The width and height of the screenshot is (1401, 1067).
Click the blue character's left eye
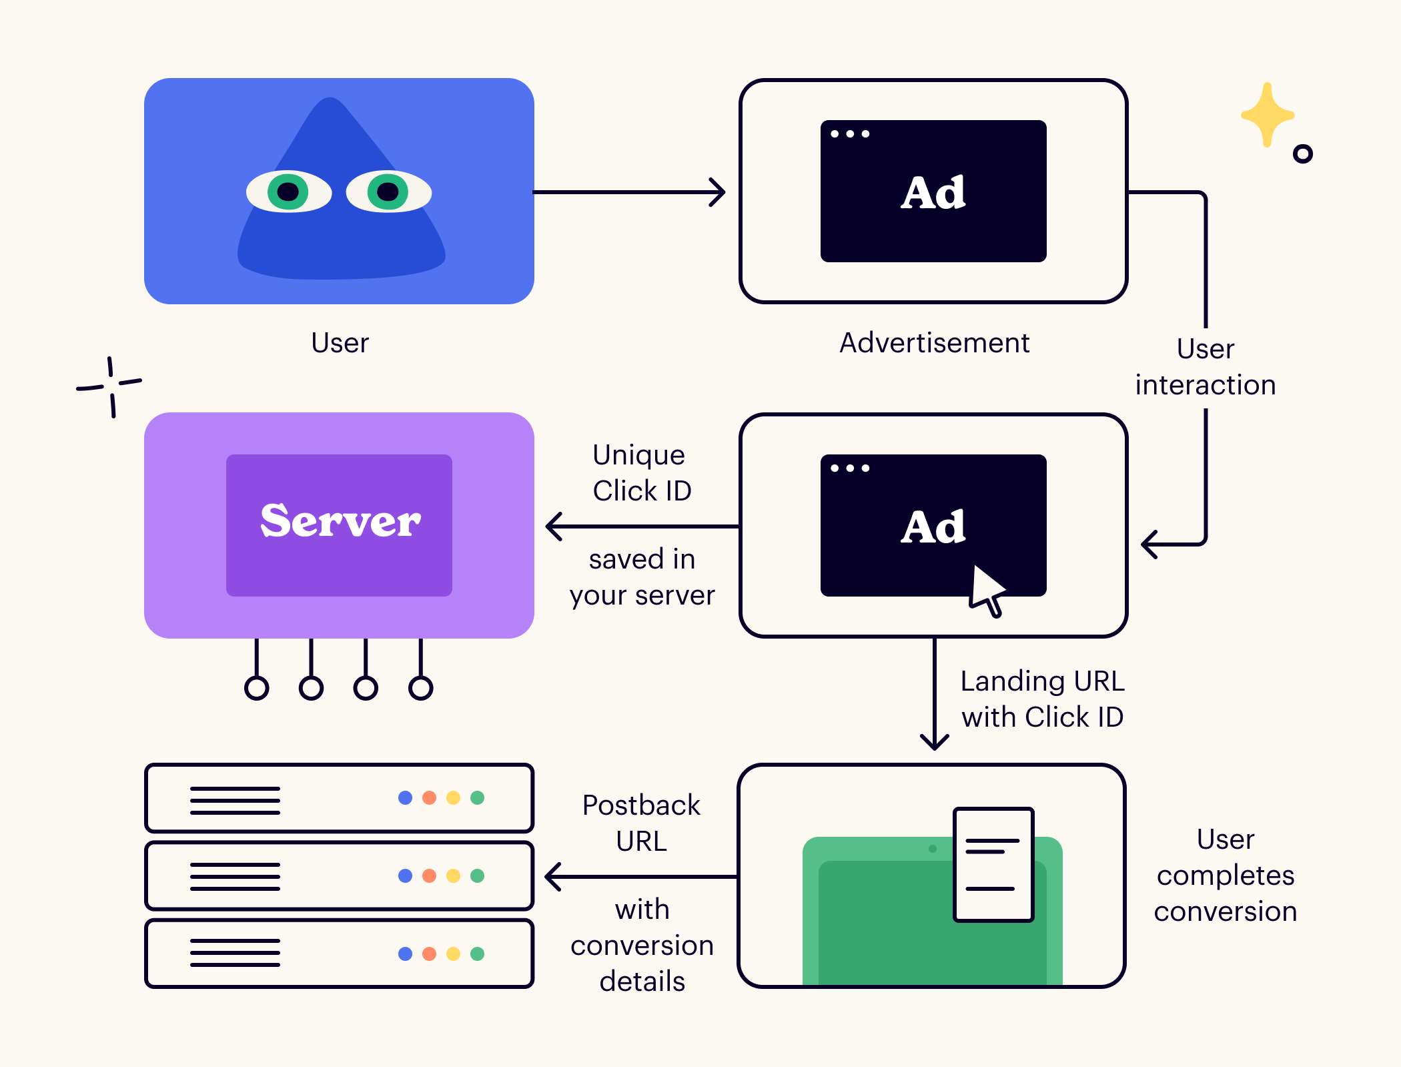(x=288, y=192)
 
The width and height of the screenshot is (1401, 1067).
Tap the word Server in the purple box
(x=340, y=521)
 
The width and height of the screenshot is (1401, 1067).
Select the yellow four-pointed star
(x=1267, y=115)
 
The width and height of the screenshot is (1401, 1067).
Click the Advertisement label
(x=934, y=343)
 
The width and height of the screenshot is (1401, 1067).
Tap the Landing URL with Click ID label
(x=1042, y=699)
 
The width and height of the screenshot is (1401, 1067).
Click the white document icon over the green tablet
(x=993, y=864)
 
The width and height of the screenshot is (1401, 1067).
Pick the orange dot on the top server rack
(x=429, y=797)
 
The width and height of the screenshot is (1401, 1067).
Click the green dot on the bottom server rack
(x=477, y=954)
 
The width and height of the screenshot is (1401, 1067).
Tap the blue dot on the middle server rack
(x=405, y=875)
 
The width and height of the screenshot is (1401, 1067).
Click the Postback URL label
(x=641, y=823)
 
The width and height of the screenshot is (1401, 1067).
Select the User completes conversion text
(x=1226, y=875)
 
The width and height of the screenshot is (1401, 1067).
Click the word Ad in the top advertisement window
(x=933, y=193)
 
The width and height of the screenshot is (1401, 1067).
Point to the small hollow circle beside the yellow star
(x=1302, y=154)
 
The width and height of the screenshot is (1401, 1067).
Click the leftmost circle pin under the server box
(x=257, y=687)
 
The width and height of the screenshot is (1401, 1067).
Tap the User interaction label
(x=1206, y=367)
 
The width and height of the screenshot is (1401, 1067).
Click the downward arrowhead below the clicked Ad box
(x=934, y=741)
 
